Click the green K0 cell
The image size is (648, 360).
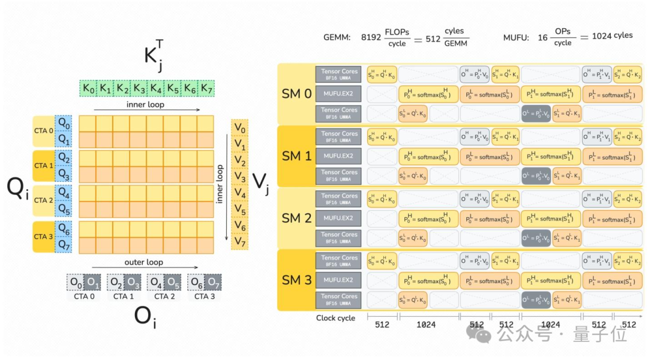[x=88, y=89]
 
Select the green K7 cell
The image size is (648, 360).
[x=206, y=89]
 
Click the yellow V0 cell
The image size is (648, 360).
[x=239, y=128]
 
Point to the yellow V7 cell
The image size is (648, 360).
[x=239, y=242]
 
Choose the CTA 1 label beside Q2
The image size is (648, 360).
[x=44, y=166]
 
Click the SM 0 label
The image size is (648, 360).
[x=296, y=94]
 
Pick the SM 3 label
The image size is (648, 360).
[x=296, y=280]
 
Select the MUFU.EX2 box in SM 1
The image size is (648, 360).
[x=338, y=156]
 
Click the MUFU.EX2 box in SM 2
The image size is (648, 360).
[x=338, y=218]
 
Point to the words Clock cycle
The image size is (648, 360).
[x=335, y=318]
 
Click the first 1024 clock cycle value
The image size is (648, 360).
[x=426, y=325]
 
